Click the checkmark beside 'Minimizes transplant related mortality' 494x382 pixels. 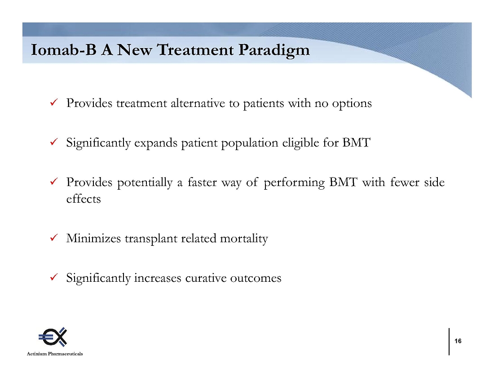click(53, 237)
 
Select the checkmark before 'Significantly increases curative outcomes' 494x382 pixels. click(53, 277)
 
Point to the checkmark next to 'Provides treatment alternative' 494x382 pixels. click(53, 102)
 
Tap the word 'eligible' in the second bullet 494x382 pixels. click(300, 143)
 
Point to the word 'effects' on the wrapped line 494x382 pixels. click(84, 199)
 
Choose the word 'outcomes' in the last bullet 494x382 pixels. click(256, 278)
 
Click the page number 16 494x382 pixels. click(458, 341)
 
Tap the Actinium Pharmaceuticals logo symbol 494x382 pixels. click(53, 337)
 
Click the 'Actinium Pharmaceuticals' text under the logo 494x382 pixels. click(55, 354)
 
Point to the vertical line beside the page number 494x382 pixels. click(449, 342)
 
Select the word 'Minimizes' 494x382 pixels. click(93, 239)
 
